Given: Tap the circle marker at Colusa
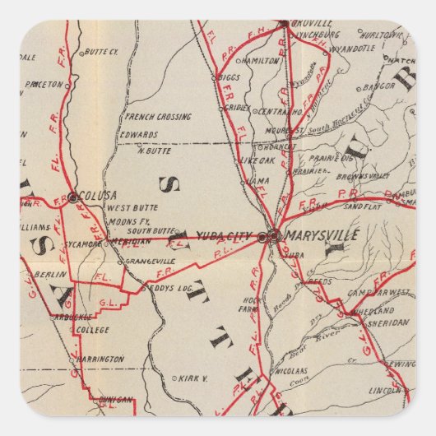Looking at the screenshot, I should pyautogui.click(x=73, y=197).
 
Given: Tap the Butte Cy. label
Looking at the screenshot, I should pyautogui.click(x=102, y=51).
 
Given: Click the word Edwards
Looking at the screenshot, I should pyautogui.click(x=138, y=134).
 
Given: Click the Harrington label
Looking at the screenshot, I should pyautogui.click(x=100, y=359).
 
